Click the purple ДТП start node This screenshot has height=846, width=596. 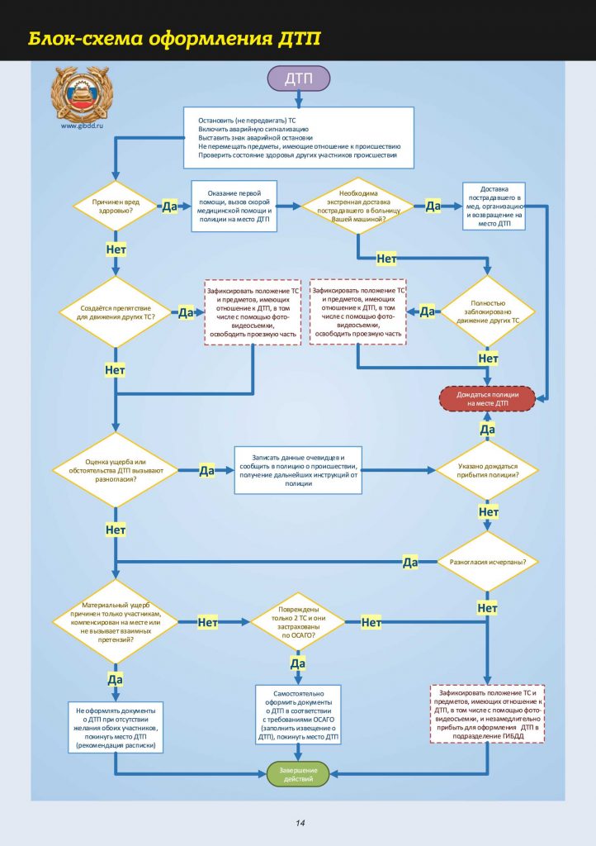coord(298,79)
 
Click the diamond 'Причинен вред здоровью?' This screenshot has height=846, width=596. coord(115,206)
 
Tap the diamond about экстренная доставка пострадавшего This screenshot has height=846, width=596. coord(357,206)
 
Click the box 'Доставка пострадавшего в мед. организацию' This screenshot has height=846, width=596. coord(494,206)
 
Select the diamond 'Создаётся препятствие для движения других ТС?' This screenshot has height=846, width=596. coord(115,311)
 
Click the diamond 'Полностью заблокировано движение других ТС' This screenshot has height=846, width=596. coord(487,311)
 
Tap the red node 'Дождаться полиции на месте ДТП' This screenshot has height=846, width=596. coord(487,399)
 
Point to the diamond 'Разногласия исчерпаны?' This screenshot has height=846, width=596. coord(487,562)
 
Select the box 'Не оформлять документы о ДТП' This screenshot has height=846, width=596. coord(115,728)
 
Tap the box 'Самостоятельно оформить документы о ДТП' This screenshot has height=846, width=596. coord(298,715)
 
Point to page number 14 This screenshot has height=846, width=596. coord(299,823)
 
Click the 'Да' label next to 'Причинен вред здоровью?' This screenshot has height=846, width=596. coord(169,207)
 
